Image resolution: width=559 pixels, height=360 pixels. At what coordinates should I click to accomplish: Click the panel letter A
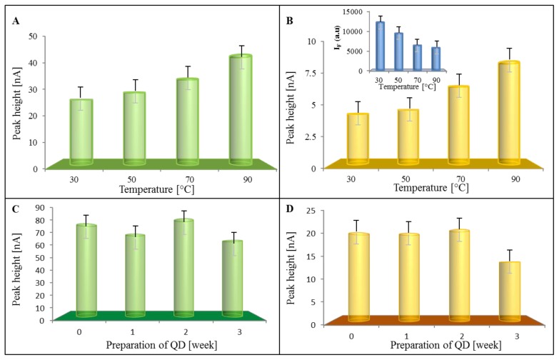click(16, 21)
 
